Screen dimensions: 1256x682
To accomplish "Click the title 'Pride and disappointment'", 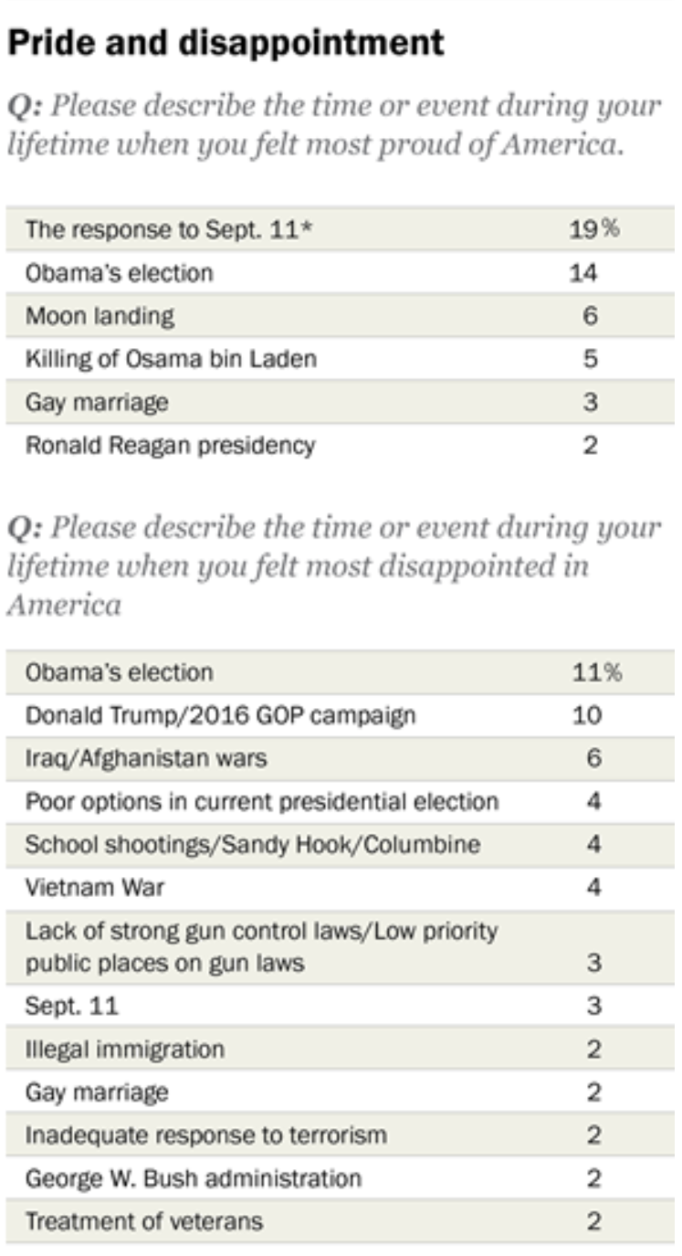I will click(x=226, y=42).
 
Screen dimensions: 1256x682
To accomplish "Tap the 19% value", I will click(x=593, y=229).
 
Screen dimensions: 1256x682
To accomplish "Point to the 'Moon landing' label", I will click(x=100, y=316).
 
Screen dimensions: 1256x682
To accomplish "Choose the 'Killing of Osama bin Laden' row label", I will click(x=171, y=359).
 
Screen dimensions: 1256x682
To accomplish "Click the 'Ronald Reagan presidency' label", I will click(x=170, y=446).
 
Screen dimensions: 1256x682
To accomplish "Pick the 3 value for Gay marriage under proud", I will click(x=590, y=403).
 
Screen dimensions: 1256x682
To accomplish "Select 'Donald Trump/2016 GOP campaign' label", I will click(x=219, y=715).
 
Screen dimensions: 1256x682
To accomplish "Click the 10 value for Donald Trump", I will click(x=587, y=715).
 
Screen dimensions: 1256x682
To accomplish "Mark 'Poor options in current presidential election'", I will click(x=261, y=802).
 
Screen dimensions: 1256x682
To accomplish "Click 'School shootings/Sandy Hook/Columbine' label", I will click(x=252, y=845).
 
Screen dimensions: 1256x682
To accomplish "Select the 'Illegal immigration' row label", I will click(x=124, y=1050).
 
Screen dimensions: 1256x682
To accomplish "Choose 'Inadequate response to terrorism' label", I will click(x=205, y=1135).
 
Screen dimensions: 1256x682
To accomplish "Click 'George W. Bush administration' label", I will click(x=193, y=1178).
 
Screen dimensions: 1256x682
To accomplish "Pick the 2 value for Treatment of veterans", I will click(x=593, y=1222).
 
